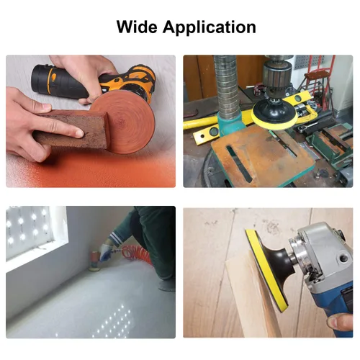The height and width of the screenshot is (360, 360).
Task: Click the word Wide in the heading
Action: (x=136, y=27)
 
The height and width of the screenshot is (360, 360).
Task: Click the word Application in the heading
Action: (x=209, y=28)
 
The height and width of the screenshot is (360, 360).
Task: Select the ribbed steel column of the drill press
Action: (x=226, y=88)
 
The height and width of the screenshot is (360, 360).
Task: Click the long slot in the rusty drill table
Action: (x=239, y=163)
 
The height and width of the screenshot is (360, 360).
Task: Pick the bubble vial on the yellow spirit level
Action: (x=214, y=131)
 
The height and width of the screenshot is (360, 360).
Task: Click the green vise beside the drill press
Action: (x=333, y=145)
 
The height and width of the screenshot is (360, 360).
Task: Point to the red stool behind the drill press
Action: (x=317, y=77)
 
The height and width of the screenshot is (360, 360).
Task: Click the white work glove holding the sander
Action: (x=107, y=250)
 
